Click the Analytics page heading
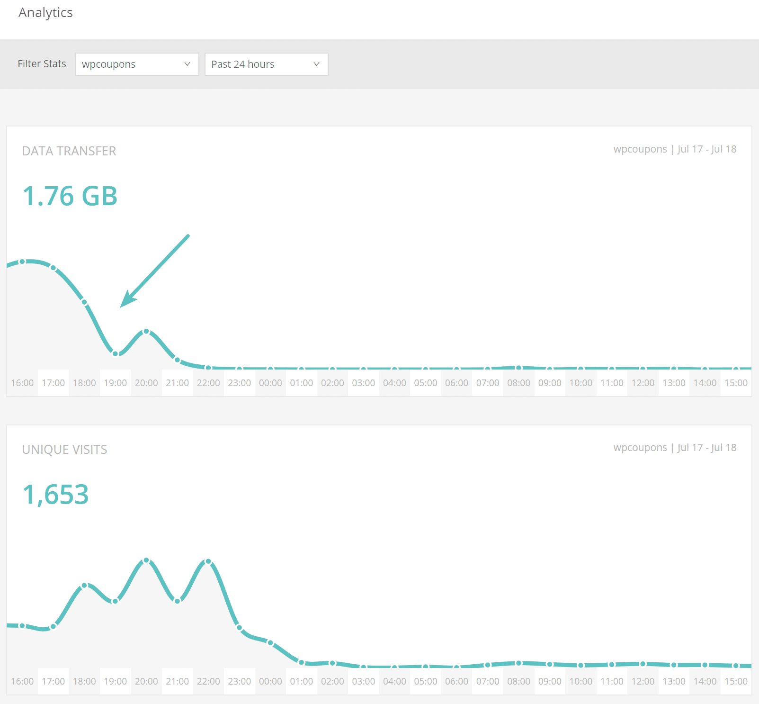(45, 13)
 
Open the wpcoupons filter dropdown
(137, 64)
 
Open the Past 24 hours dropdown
(266, 64)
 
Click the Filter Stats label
(42, 64)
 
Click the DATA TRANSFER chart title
(69, 151)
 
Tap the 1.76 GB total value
(70, 196)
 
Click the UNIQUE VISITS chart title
(64, 450)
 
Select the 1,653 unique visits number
(56, 495)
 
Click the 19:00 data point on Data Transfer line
(116, 353)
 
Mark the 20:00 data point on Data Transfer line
(146, 332)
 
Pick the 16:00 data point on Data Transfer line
(22, 262)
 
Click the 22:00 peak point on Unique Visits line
(208, 561)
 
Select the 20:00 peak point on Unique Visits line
(146, 560)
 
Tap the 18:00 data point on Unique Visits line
(84, 586)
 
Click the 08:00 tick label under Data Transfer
(518, 383)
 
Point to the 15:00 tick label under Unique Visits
(736, 681)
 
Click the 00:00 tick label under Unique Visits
(270, 681)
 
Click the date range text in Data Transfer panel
(706, 149)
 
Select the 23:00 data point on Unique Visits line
(240, 628)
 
